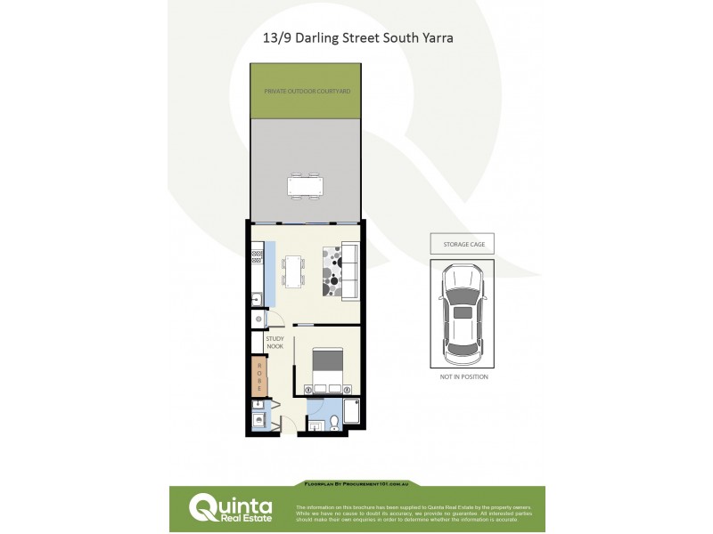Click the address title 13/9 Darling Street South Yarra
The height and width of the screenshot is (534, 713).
click(x=357, y=39)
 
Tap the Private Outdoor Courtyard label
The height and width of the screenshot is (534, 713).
click(x=306, y=92)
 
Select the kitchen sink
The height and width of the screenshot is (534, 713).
click(x=257, y=299)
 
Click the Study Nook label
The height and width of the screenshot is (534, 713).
click(x=275, y=343)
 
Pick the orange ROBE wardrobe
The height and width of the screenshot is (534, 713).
click(x=259, y=376)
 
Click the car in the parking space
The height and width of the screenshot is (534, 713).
click(x=463, y=313)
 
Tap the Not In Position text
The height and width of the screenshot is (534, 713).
click(x=463, y=377)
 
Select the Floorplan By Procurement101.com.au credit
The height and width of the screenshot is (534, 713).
click(x=357, y=484)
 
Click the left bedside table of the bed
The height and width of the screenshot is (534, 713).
click(x=309, y=389)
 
